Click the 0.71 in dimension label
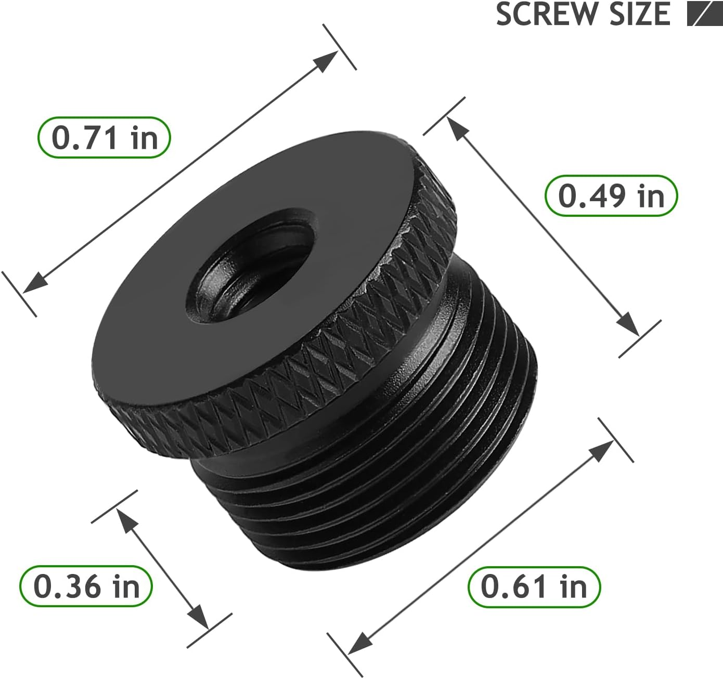click(x=104, y=138)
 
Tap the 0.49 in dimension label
click(x=611, y=196)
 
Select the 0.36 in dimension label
click(x=86, y=586)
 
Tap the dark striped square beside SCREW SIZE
click(x=704, y=14)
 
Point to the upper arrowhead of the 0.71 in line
click(x=327, y=61)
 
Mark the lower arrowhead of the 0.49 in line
click(x=628, y=325)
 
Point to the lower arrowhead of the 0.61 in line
click(x=358, y=643)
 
